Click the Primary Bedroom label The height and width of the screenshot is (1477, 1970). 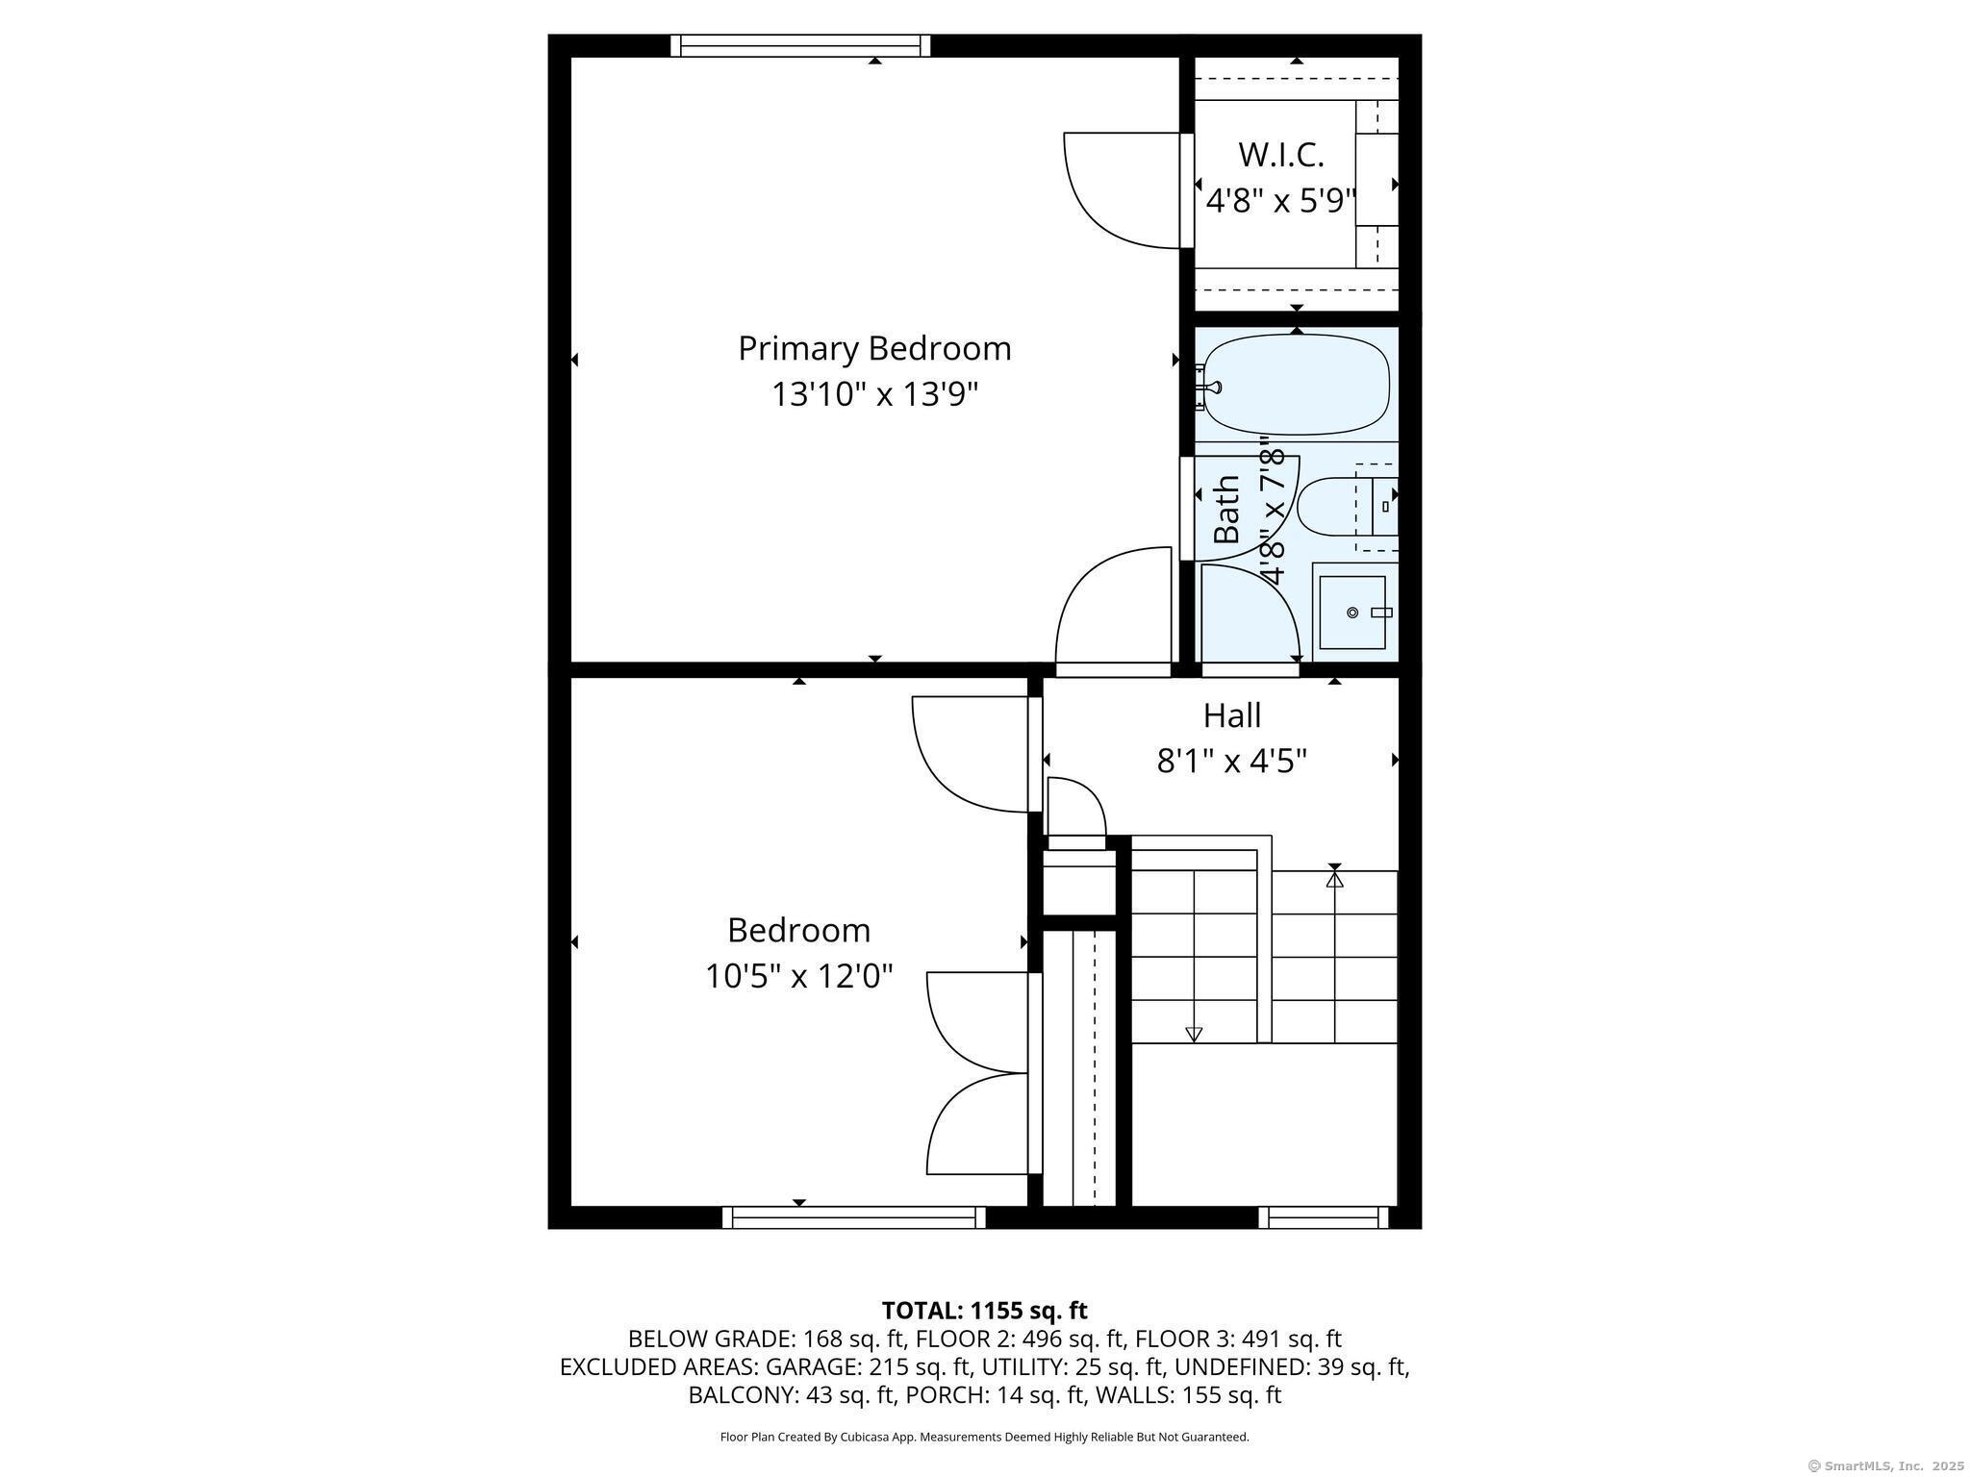(874, 348)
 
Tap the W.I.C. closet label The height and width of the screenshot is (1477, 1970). (1280, 154)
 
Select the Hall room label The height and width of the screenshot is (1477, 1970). (1232, 715)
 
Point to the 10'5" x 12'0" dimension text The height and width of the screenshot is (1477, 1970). (798, 977)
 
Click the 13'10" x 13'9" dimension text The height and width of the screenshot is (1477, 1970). (874, 394)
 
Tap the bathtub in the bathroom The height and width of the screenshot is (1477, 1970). (1297, 385)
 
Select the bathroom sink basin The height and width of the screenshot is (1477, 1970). (1351, 613)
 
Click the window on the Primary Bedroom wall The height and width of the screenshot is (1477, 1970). (800, 45)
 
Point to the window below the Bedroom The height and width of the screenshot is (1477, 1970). (854, 1217)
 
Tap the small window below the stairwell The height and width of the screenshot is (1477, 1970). (1324, 1217)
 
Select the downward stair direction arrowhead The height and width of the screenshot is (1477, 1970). (1194, 1035)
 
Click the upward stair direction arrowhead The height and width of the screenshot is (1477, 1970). (1334, 878)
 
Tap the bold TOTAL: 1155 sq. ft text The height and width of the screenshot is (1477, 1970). (984, 1311)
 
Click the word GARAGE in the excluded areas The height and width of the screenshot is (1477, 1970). (818, 1367)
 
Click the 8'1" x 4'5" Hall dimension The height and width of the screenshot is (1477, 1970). (1232, 762)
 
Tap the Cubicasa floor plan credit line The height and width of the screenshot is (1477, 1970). (984, 1437)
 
